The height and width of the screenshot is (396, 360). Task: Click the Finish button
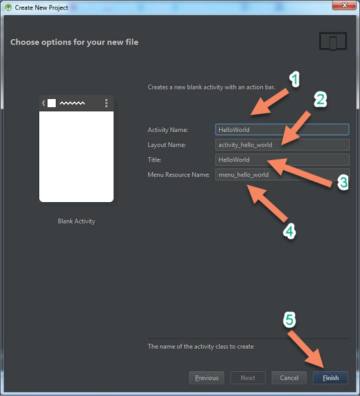(330, 377)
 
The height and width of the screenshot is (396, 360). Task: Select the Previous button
(207, 377)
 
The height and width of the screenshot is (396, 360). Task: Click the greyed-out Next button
(248, 377)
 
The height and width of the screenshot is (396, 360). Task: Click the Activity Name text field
(282, 129)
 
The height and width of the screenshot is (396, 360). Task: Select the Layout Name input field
(282, 144)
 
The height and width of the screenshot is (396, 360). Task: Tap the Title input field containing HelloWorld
(282, 159)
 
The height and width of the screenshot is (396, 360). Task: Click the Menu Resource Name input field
(282, 175)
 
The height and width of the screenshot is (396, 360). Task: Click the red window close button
(343, 5)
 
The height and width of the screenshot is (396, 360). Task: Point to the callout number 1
(295, 79)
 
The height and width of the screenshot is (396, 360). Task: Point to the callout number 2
(320, 99)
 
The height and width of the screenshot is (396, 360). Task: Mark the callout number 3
(343, 182)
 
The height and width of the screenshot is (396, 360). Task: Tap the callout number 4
(289, 231)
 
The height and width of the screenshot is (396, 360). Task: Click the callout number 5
(289, 320)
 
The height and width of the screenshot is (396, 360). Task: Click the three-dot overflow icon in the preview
(106, 103)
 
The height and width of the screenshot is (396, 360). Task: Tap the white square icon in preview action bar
(52, 103)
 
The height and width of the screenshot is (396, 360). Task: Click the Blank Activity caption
(76, 221)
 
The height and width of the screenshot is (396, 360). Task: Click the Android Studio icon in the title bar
(8, 8)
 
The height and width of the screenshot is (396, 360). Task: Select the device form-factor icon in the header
(333, 41)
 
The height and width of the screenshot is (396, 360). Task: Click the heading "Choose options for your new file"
(74, 42)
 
